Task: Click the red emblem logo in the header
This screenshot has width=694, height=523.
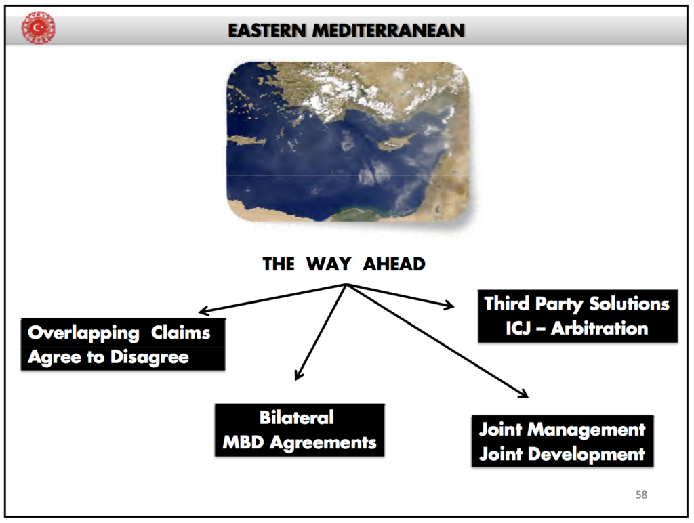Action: click(39, 28)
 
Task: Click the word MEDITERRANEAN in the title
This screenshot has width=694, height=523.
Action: click(388, 30)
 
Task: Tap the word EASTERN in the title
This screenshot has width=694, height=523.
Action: click(267, 30)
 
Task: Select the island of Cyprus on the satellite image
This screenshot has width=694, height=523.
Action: click(396, 141)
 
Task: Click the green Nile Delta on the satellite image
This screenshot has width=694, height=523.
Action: click(356, 214)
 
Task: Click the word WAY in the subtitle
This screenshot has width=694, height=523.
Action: click(329, 264)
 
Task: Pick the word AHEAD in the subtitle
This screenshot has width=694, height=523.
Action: click(394, 264)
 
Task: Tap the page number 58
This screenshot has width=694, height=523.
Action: click(641, 495)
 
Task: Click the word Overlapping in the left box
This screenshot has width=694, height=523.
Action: click(83, 333)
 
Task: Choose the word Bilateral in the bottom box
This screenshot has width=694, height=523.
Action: click(297, 418)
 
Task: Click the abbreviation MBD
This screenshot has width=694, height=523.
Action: click(243, 442)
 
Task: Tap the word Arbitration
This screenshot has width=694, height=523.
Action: click(600, 329)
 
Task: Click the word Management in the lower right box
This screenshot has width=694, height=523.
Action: click(586, 430)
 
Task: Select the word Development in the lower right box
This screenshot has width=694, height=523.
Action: click(586, 455)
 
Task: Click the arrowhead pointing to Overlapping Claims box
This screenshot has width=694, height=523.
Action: click(203, 311)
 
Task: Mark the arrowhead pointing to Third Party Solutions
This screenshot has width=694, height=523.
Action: click(450, 304)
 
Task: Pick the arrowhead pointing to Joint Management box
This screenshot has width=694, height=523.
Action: click(524, 394)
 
